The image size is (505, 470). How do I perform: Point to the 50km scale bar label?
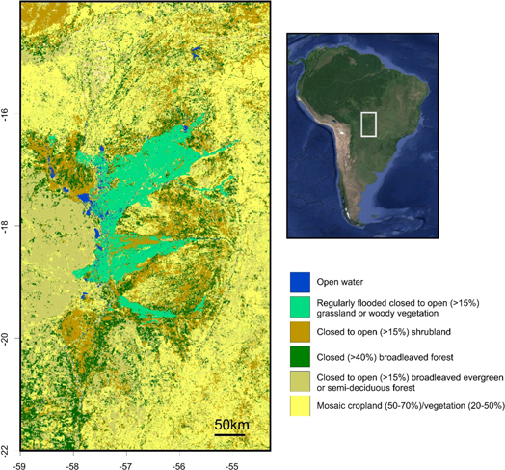pos(231,426)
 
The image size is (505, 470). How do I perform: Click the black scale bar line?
pos(231,435)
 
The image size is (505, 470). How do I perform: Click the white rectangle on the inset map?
pos(367,124)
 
